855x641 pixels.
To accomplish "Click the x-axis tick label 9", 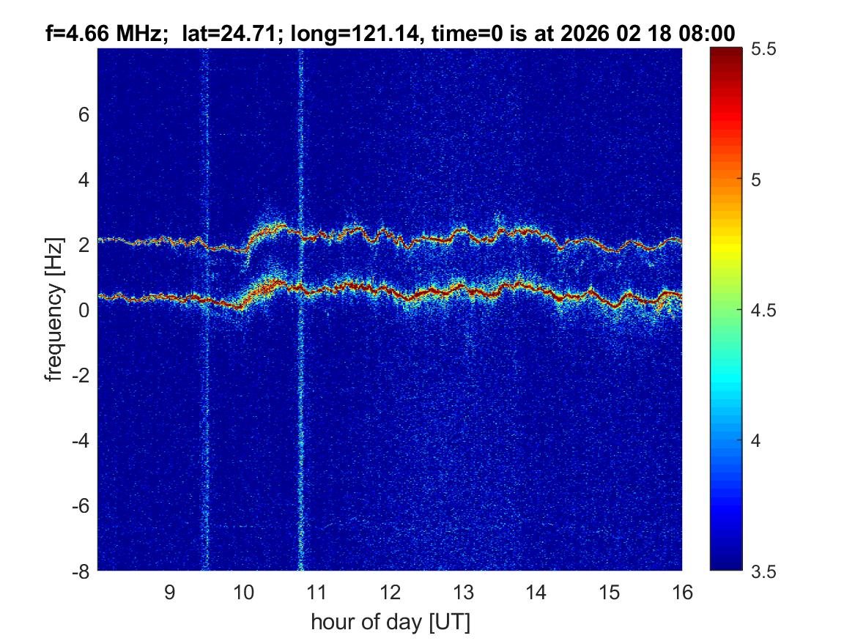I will [170, 592].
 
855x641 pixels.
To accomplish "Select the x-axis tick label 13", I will [462, 592].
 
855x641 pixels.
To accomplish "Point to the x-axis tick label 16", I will [682, 592].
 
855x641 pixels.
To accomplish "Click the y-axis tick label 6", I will [84, 115].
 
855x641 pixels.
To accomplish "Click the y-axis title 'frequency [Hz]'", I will [53, 310].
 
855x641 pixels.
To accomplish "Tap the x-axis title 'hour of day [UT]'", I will [390, 623].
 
